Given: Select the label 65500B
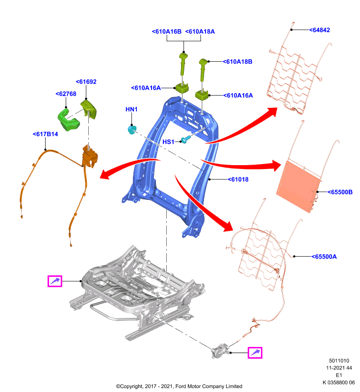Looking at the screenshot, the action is [340, 192].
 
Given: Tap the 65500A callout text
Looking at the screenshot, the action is [324, 256].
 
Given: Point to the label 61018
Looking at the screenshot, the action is [238, 179].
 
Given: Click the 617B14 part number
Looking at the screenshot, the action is [45, 134].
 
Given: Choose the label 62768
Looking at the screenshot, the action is [66, 94].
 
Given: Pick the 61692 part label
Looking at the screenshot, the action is [86, 82].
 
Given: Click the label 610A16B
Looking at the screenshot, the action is [167, 31].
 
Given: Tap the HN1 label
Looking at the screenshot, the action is [131, 109].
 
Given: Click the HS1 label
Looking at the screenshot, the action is [168, 142].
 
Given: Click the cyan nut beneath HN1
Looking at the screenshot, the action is [132, 129].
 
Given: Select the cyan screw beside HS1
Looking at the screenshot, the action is [185, 139].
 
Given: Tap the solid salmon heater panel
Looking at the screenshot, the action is [299, 186].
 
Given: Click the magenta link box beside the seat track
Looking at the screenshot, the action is [55, 281].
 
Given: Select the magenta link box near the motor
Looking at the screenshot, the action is [255, 353].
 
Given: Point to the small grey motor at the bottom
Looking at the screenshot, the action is [220, 351].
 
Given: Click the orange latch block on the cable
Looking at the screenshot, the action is [90, 156].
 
